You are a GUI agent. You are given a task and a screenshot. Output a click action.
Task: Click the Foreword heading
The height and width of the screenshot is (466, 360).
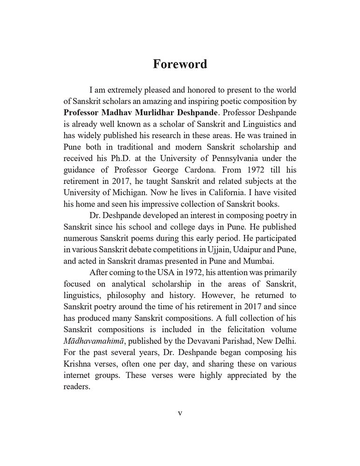point(180,64)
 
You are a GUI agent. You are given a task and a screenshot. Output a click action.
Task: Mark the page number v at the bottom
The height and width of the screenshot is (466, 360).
point(180,413)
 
